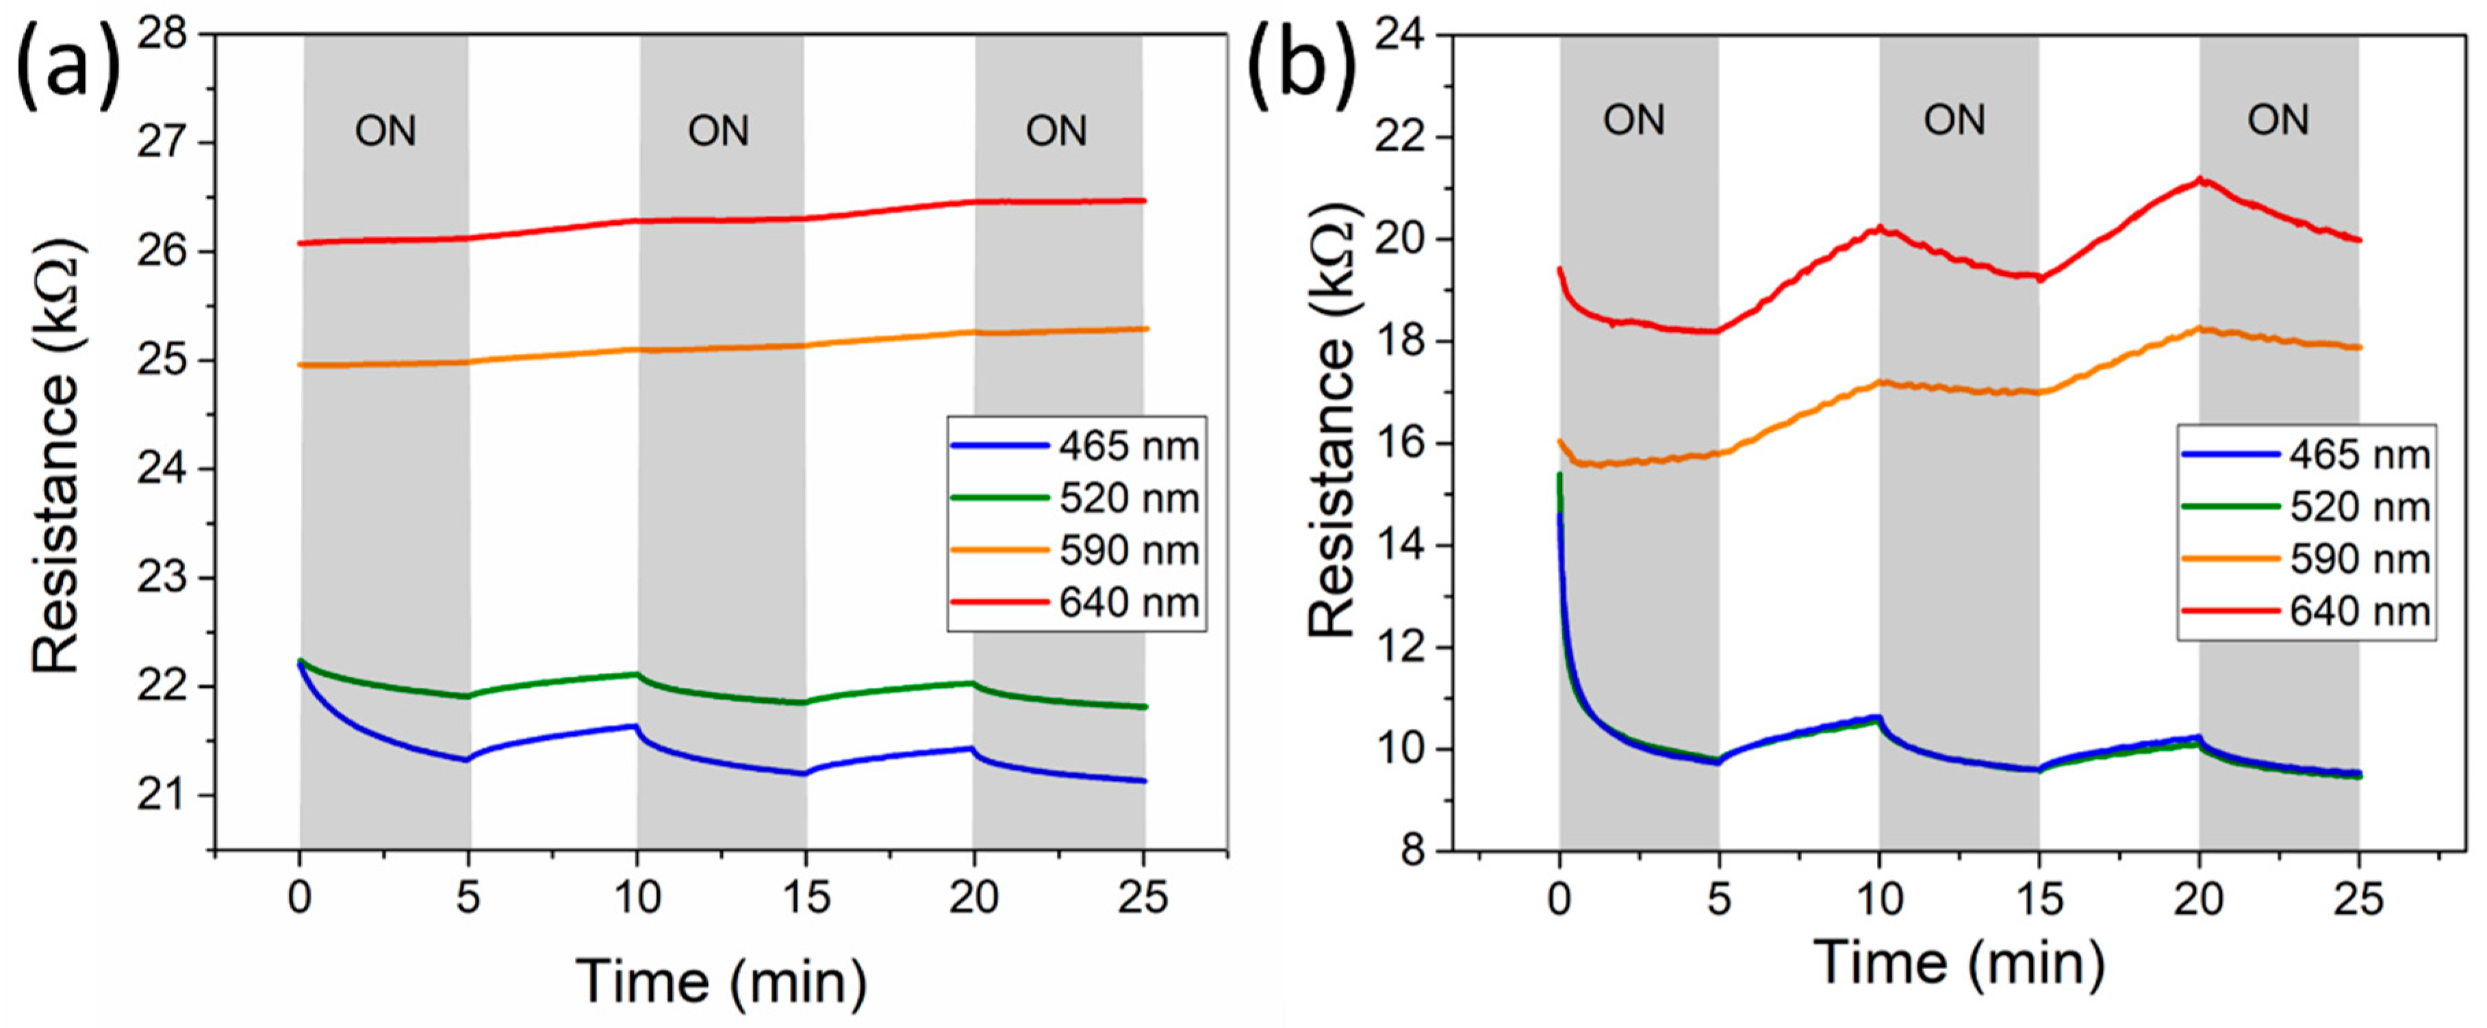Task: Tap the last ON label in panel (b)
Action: coord(2278,120)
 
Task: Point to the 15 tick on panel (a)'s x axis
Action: coord(806,899)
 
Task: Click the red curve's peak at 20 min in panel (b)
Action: coord(2200,179)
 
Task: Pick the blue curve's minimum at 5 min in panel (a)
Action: coord(468,760)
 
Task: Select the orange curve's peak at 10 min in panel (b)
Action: coord(1880,382)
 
